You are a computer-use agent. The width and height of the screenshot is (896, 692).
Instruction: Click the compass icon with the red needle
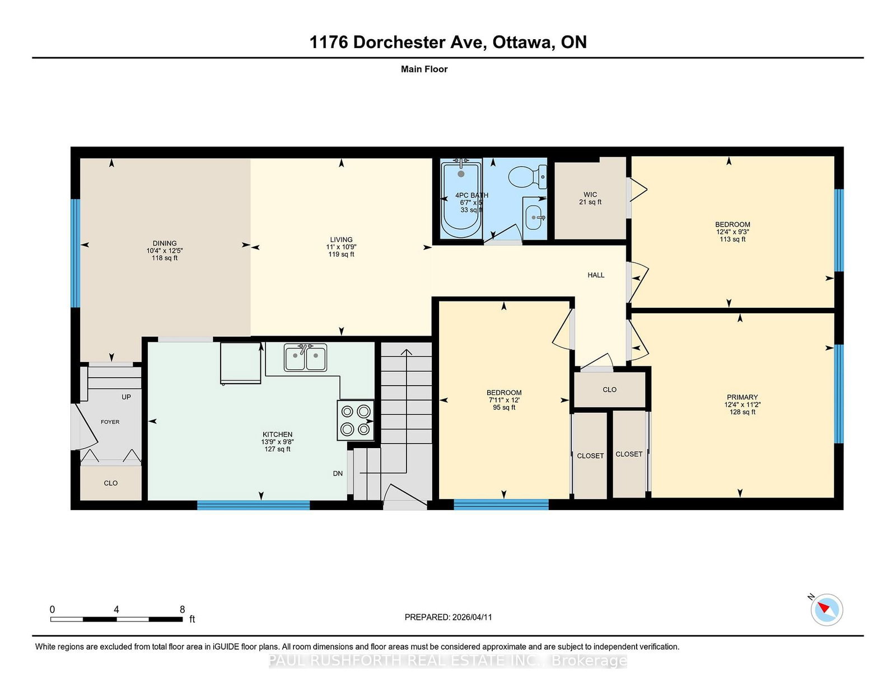coord(827,610)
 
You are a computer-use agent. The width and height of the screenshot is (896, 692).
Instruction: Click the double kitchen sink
coord(305,357)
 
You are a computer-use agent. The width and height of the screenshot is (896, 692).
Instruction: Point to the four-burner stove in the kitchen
coord(356,421)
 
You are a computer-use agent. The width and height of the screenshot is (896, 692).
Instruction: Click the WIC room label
coord(590,195)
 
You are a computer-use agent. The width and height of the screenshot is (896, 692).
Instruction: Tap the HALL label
coord(596,275)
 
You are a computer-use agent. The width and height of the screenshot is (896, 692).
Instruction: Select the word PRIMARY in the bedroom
coord(742,397)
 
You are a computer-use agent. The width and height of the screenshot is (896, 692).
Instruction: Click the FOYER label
coord(110,422)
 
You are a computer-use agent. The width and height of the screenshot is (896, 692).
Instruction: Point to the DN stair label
coord(338,473)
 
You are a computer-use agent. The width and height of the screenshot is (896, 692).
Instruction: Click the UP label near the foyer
coord(126,397)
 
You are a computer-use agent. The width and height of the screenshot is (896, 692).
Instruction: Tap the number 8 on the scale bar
coord(182,609)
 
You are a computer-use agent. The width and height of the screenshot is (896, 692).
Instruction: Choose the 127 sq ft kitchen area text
coord(278,449)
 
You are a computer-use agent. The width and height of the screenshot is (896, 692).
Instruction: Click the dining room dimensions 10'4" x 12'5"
coord(165,251)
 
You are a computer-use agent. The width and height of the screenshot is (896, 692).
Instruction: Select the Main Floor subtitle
coord(424,69)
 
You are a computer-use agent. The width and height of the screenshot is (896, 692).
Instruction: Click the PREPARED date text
coord(448,617)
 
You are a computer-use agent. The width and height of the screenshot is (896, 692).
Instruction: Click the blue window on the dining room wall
coord(75,253)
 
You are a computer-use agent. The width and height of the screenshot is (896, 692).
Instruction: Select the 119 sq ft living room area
coord(341,254)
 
